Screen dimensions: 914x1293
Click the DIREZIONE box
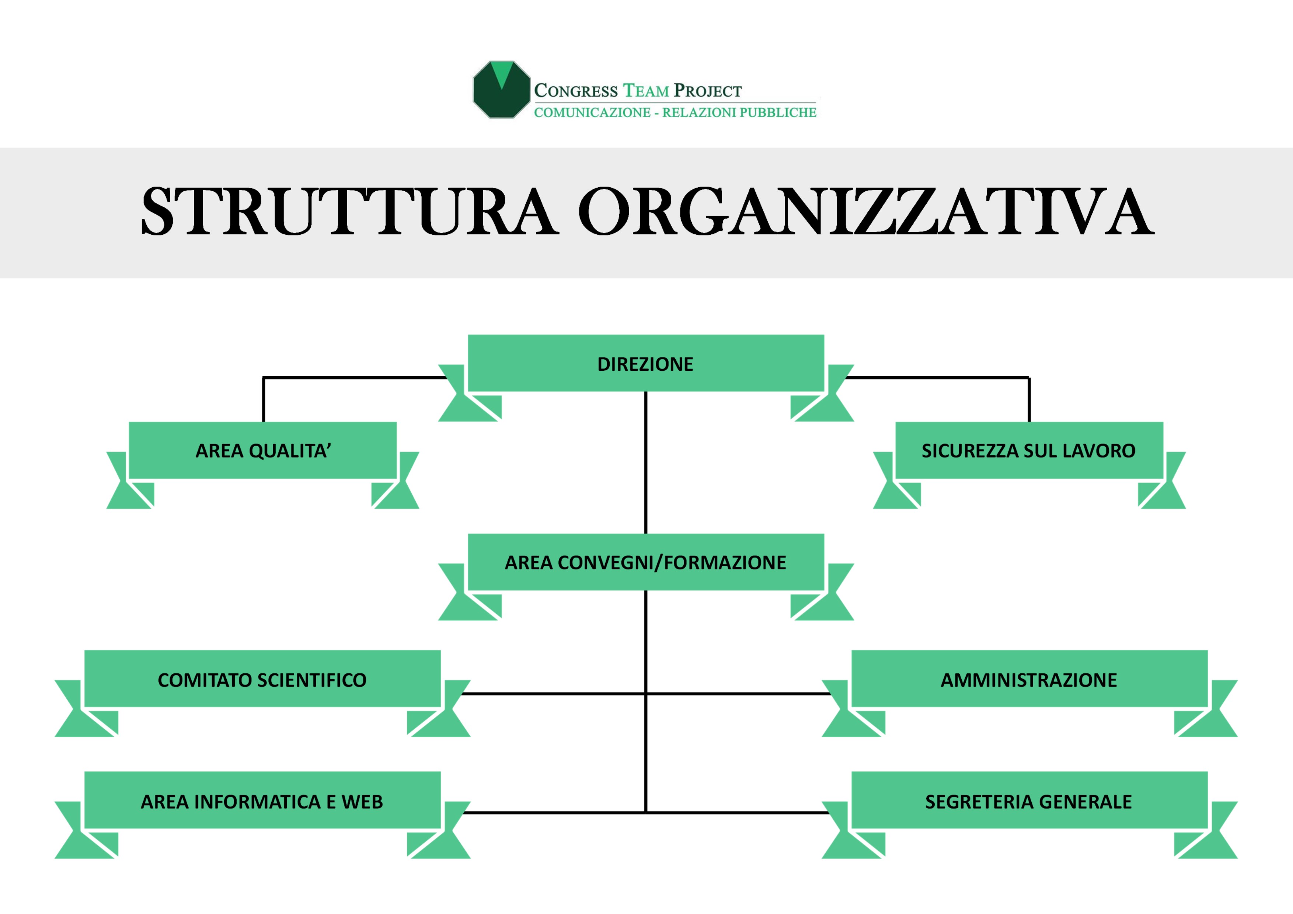(x=645, y=364)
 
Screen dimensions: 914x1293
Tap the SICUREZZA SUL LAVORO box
(x=1028, y=450)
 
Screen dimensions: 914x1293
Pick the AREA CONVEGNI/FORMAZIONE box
(x=645, y=562)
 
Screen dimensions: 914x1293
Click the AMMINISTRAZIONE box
(x=1029, y=679)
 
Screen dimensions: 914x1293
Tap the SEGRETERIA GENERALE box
(x=1029, y=801)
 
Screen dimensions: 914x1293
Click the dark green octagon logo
(x=501, y=90)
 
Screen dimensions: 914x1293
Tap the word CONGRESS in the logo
(x=575, y=91)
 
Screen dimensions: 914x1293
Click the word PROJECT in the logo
(x=708, y=91)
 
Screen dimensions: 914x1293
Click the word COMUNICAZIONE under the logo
(x=592, y=113)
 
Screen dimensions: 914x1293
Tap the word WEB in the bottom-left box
(x=362, y=801)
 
